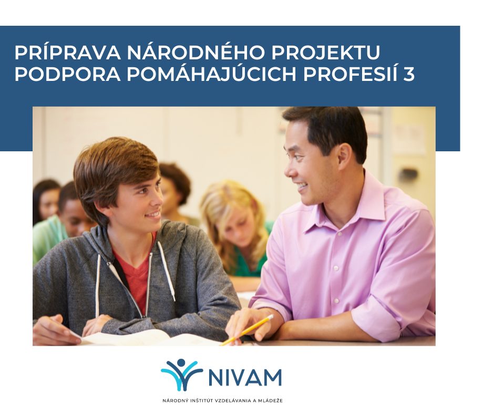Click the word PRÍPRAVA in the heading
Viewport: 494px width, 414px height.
pyautogui.click(x=68, y=53)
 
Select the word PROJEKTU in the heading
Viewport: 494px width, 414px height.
pyautogui.click(x=325, y=53)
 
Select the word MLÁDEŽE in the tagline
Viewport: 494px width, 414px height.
pyautogui.click(x=272, y=401)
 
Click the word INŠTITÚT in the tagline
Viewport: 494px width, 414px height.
pyautogui.click(x=201, y=401)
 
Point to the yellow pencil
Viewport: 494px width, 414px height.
pyautogui.click(x=246, y=329)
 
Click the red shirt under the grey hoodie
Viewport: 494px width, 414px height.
pyautogui.click(x=136, y=277)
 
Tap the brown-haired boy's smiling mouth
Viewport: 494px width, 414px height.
pyautogui.click(x=153, y=215)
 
